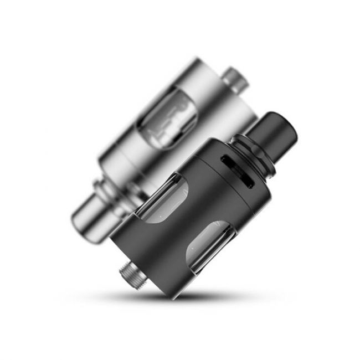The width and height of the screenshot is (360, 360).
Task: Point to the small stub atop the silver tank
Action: tap(237, 80)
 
